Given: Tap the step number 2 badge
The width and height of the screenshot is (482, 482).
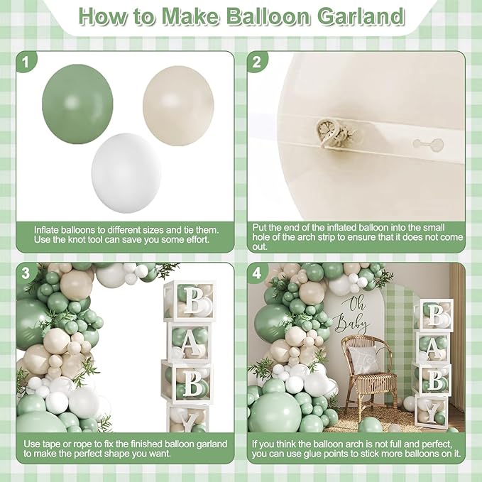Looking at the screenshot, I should (x=258, y=62).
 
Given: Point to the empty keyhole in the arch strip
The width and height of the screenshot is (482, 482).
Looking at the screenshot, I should (x=427, y=144).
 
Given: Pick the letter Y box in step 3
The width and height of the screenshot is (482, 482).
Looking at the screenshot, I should (x=189, y=419).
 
